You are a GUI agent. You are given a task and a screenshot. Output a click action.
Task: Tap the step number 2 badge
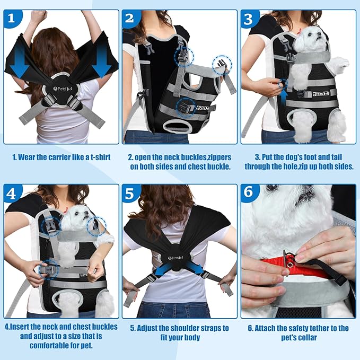click(x=131, y=20)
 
